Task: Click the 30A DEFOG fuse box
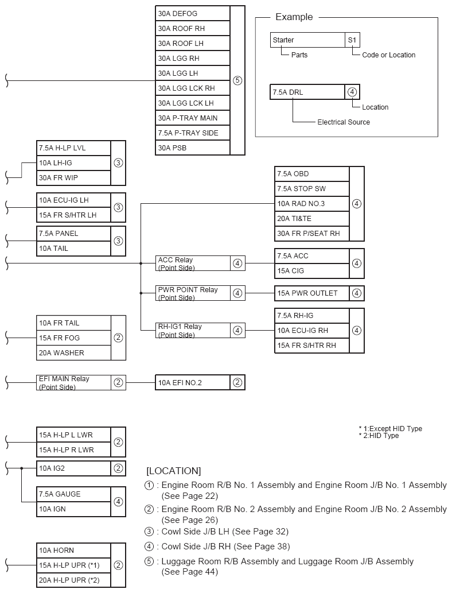192,13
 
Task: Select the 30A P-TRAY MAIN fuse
192,118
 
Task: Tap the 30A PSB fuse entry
192,148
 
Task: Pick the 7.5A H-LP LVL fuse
73,148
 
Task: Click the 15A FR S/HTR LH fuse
73,215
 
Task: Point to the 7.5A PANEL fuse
73,234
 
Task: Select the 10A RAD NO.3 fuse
311,204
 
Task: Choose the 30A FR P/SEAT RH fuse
311,234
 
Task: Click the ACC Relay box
193,263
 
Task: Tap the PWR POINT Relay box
193,293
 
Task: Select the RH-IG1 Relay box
193,330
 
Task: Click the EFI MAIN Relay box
73,382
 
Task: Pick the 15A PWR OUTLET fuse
311,293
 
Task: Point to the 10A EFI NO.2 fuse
192,383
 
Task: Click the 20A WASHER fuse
73,352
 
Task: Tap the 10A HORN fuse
73,550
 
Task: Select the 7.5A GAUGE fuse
73,494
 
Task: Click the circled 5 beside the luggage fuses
237,80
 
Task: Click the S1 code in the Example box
352,40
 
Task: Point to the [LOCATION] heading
174,471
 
